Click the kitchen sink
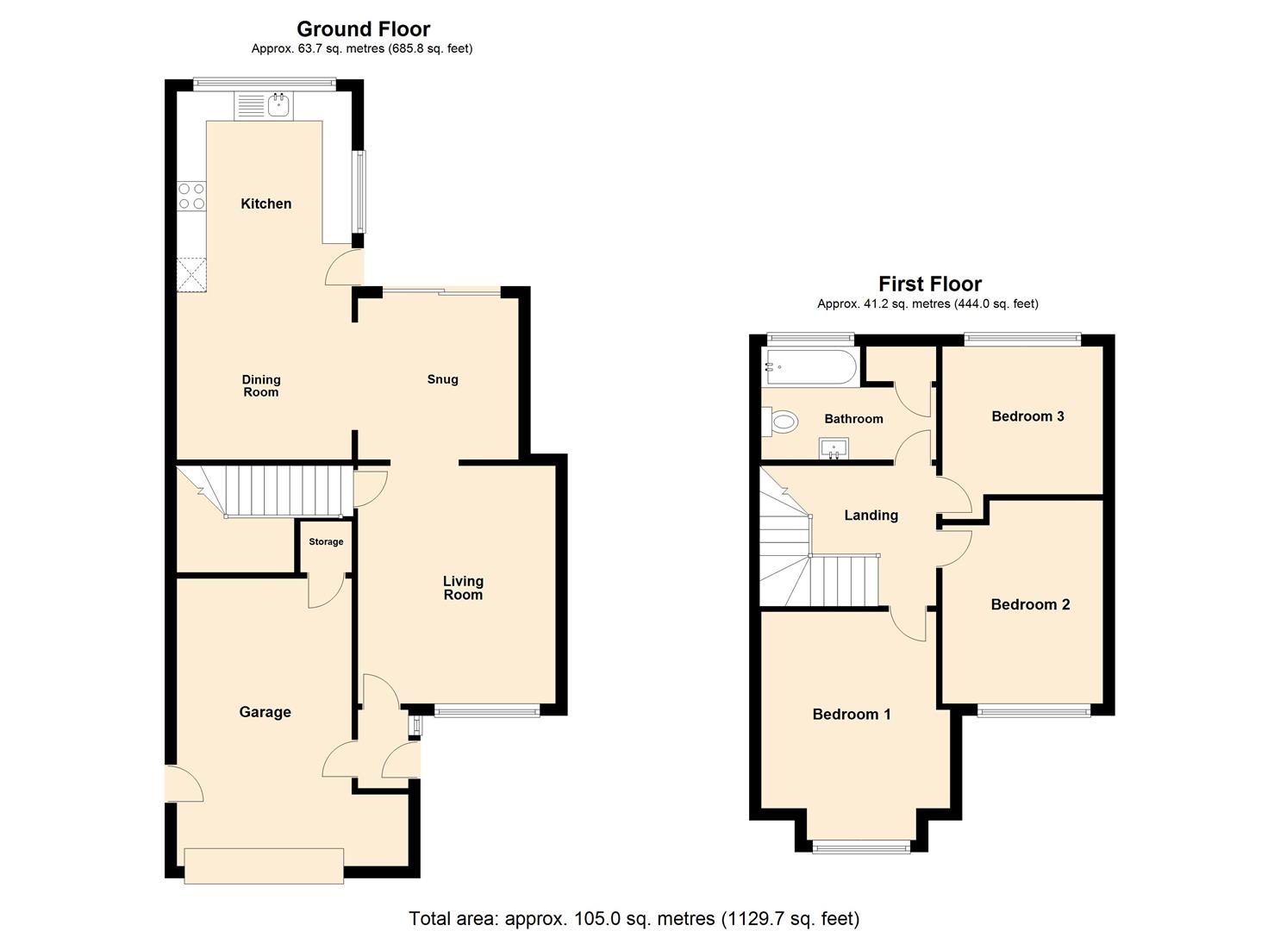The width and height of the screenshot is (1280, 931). [x=278, y=106]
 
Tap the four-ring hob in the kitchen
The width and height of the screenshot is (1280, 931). [x=191, y=196]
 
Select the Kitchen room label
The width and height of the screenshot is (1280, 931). [x=265, y=203]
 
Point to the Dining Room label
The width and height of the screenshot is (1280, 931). [x=261, y=385]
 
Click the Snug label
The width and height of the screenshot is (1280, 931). [x=442, y=379]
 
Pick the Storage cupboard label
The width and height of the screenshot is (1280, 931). [x=326, y=542]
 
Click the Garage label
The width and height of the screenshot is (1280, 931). [x=265, y=712]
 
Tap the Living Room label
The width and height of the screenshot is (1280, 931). [x=463, y=588]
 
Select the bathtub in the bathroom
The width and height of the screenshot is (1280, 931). [x=809, y=368]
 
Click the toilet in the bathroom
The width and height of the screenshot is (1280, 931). [x=782, y=422]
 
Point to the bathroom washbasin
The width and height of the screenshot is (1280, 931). [x=834, y=448]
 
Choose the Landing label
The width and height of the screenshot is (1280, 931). [x=871, y=515]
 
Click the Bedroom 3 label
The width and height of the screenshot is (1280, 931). [x=1027, y=416]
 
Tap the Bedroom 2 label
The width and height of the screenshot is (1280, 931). [x=1030, y=604]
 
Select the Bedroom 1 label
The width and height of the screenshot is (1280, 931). [x=852, y=715]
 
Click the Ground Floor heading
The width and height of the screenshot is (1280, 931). [x=363, y=29]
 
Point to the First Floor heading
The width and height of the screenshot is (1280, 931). [x=930, y=284]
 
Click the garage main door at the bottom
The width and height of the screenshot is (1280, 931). [x=264, y=865]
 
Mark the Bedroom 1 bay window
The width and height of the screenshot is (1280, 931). [x=861, y=847]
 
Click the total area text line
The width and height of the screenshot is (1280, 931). [x=634, y=919]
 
